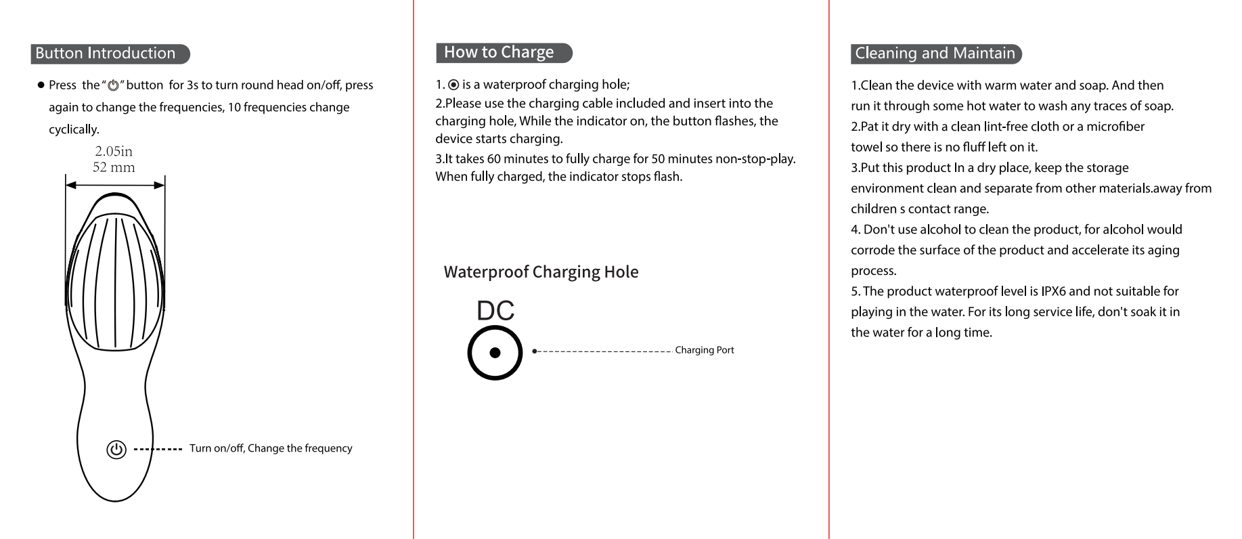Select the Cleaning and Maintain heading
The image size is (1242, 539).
(935, 53)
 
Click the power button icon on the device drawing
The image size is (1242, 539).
(116, 450)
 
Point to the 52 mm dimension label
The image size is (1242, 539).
(114, 167)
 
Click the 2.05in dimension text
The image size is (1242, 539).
(114, 151)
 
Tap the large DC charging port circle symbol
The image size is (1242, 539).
(495, 353)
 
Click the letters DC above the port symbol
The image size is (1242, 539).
(495, 311)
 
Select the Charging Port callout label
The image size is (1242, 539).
(704, 350)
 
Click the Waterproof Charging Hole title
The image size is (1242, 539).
(541, 272)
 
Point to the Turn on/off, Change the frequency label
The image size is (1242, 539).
(271, 448)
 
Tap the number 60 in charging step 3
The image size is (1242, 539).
(493, 159)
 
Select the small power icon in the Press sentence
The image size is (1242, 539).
(113, 86)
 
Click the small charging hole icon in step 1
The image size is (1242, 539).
(453, 85)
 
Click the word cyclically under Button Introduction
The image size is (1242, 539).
(74, 129)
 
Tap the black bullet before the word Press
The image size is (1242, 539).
(41, 85)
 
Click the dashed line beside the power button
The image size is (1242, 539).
(158, 449)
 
